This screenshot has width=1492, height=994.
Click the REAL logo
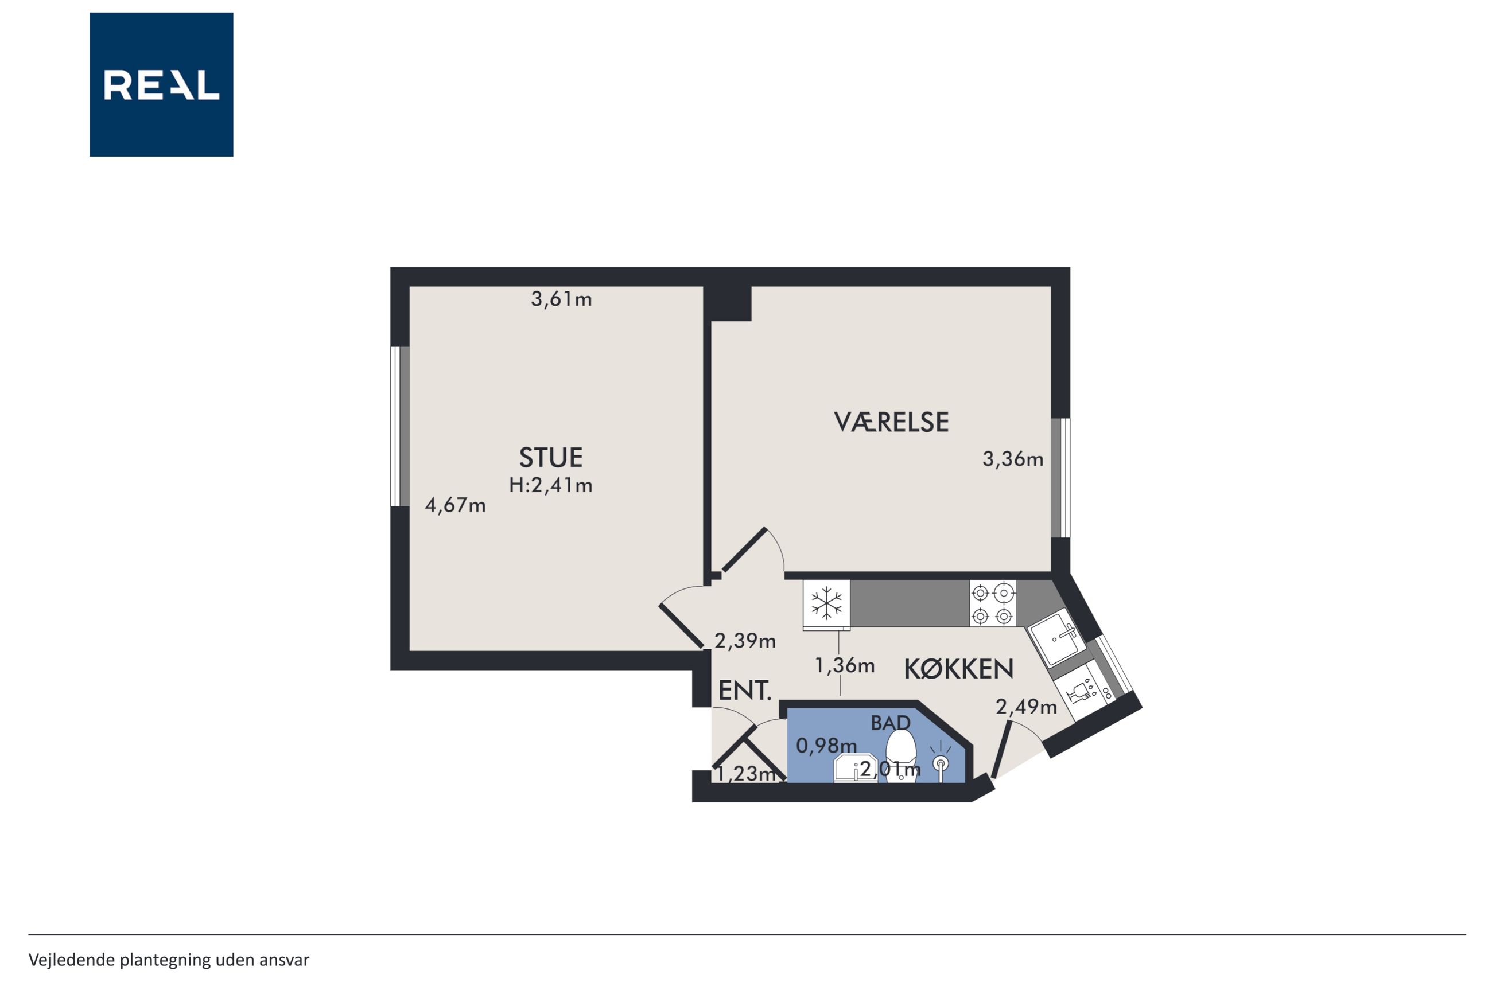[161, 84]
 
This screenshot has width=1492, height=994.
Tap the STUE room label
[550, 458]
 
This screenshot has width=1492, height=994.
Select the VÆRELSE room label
[891, 422]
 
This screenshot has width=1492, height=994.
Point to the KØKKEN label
[958, 669]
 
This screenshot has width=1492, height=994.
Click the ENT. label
[744, 691]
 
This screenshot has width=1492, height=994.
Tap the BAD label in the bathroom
[890, 723]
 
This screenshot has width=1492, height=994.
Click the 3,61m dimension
[561, 299]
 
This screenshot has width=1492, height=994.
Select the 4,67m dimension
[455, 505]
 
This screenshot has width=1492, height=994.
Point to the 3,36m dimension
[1013, 459]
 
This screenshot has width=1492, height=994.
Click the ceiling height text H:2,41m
[550, 486]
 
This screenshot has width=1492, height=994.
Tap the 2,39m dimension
[745, 641]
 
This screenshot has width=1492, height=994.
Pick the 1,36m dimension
[845, 665]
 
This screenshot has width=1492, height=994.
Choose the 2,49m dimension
[1026, 707]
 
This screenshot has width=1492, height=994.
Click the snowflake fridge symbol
[827, 603]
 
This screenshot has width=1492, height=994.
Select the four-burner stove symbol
[992, 604]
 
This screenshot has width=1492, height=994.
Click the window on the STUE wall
[399, 427]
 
